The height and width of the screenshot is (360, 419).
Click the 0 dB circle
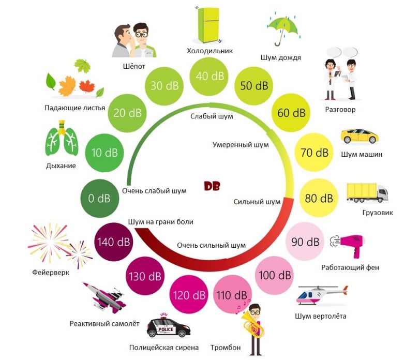pyautogui.click(x=98, y=198)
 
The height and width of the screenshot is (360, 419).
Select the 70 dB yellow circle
pyautogui.click(x=315, y=153)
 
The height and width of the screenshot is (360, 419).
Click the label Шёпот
pyautogui.click(x=134, y=66)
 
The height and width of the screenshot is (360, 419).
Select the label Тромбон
pyautogui.click(x=226, y=347)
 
